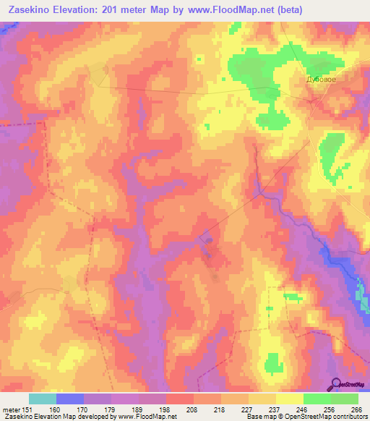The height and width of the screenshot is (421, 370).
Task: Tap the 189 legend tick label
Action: click(139, 409)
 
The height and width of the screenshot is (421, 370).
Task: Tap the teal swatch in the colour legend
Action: click(43, 399)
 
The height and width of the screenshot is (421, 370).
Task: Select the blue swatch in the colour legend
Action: click(70, 399)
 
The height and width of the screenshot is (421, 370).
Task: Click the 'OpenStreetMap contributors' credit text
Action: click(326, 417)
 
